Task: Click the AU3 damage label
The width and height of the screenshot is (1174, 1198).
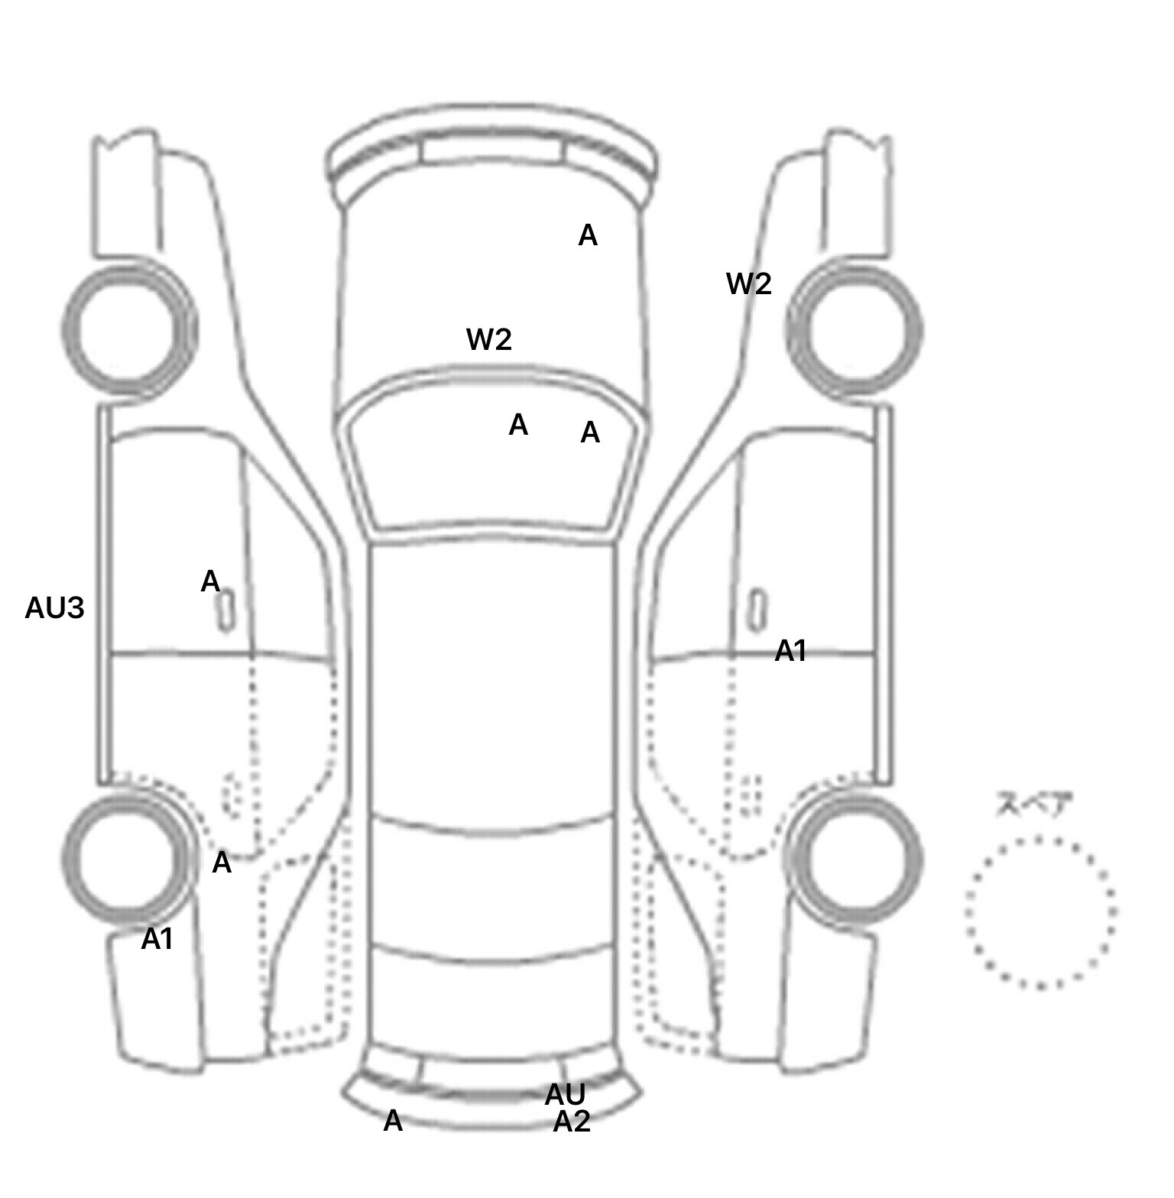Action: click(x=54, y=609)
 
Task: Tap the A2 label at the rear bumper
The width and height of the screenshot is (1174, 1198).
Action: click(x=572, y=1122)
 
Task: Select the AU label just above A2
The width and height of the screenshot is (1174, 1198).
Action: click(x=565, y=1096)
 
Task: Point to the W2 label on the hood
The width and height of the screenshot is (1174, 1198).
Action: click(x=489, y=339)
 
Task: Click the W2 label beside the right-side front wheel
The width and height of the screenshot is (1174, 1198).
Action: click(x=749, y=284)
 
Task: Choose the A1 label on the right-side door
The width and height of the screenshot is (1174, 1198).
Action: click(x=791, y=651)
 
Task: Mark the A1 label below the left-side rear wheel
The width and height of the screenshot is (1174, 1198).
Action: click(x=157, y=939)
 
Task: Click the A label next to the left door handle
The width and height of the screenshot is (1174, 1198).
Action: click(x=210, y=582)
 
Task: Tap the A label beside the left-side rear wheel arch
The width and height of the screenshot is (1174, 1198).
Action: click(x=222, y=863)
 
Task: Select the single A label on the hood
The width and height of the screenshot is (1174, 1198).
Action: click(x=588, y=236)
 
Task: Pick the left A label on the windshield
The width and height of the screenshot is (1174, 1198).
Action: click(x=518, y=425)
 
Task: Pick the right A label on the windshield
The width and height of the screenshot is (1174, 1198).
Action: click(x=590, y=433)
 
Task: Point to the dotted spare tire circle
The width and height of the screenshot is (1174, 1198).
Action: click(x=1039, y=912)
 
